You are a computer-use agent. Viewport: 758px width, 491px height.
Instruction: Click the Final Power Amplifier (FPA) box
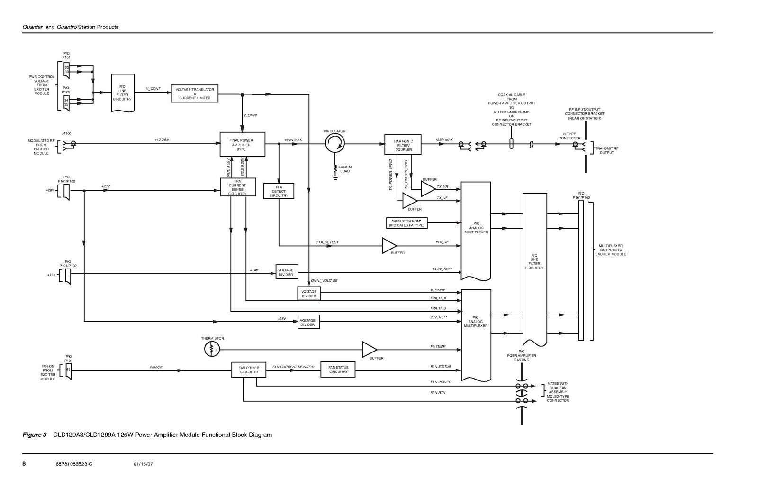tap(242, 144)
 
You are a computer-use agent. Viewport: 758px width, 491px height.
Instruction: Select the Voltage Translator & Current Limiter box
tap(194, 93)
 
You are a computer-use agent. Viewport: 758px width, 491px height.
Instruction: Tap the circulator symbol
tap(335, 142)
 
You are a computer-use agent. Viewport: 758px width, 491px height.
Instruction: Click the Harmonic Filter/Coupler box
tap(403, 145)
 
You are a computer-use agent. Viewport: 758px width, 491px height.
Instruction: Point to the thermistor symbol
tap(212, 350)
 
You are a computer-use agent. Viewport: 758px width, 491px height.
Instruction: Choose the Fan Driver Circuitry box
tap(249, 370)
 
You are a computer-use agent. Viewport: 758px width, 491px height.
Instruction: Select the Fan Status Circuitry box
tap(338, 370)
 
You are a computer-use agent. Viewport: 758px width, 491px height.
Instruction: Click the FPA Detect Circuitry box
tap(279, 191)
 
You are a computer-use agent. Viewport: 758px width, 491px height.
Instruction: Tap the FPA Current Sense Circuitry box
tap(238, 187)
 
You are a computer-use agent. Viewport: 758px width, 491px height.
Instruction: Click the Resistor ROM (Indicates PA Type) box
tap(407, 223)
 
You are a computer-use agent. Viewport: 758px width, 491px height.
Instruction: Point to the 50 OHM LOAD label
tap(345, 169)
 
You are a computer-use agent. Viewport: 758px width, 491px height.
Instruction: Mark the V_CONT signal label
tap(153, 89)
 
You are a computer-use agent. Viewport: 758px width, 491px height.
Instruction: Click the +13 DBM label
tap(162, 139)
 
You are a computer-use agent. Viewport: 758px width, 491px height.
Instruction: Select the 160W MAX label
tap(293, 140)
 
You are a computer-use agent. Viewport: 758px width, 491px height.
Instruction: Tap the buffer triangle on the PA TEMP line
tap(369, 350)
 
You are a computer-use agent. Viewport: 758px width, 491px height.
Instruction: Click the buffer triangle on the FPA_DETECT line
tap(389, 245)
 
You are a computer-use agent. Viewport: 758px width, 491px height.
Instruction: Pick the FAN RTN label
tap(438, 392)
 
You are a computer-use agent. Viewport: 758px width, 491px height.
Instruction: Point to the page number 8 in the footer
tap(24, 463)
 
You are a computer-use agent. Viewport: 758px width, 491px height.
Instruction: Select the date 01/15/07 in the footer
tap(143, 464)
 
